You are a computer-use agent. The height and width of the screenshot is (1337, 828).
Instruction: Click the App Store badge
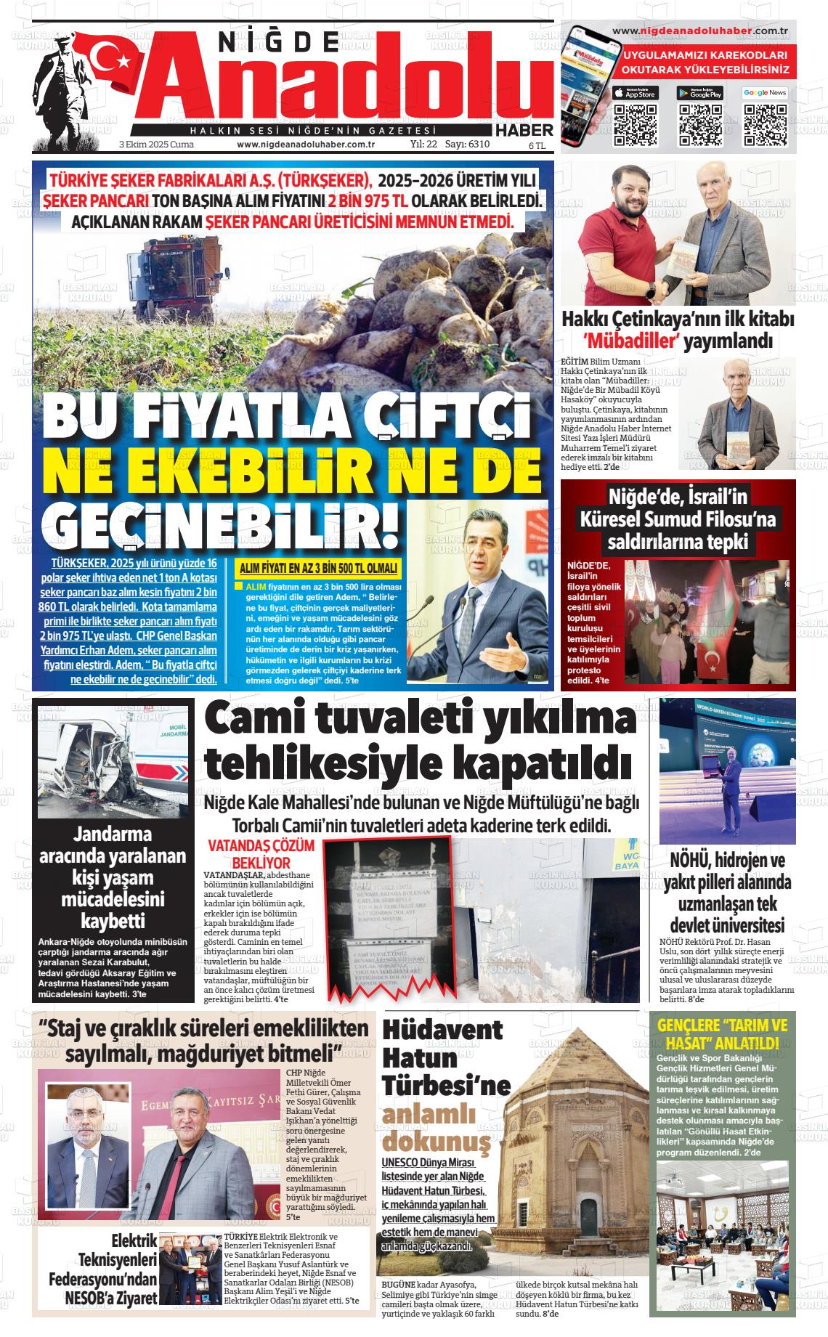coord(636,93)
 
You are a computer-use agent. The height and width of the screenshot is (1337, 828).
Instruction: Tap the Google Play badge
coord(699,93)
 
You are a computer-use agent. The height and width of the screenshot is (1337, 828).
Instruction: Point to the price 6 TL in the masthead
coord(537,145)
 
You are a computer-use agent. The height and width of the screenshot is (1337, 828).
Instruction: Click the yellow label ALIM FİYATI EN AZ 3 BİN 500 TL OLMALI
coord(319,569)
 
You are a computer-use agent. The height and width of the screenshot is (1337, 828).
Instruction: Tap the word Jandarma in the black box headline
coord(113,834)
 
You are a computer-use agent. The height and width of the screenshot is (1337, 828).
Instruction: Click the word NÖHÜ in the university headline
coord(690,861)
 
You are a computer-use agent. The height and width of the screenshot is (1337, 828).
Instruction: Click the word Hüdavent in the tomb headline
coord(442,1031)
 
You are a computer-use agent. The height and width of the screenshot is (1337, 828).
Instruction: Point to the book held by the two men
coord(685,257)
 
